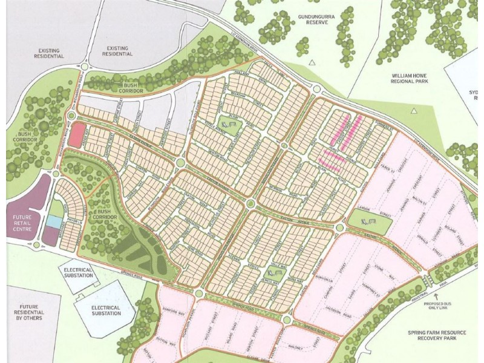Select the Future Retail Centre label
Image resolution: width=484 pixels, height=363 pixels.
coord(22,221)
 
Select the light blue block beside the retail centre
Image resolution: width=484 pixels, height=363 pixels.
coord(53,222)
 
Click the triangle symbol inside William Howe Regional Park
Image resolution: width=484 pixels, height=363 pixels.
coord(413,111)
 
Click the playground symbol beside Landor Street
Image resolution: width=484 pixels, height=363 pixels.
coord(367,222)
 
